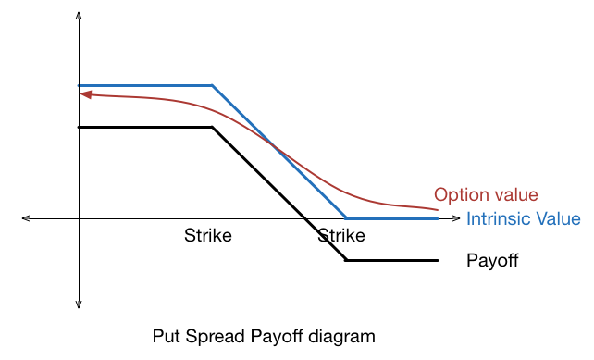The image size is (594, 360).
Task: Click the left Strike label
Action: point(208,235)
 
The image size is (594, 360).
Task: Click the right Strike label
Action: point(341,235)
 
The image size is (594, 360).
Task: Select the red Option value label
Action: point(486,194)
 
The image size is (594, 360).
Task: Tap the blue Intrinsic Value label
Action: point(523,219)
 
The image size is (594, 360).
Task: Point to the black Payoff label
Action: point(492,260)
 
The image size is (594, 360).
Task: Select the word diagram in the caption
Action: point(345,335)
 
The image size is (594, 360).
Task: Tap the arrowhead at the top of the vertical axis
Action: point(80,17)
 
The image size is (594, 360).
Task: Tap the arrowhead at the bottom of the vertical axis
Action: point(80,304)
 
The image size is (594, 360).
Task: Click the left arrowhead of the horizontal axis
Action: point(27,218)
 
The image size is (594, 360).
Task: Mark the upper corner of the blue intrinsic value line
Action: point(214,86)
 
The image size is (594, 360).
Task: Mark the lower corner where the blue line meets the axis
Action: point(347,218)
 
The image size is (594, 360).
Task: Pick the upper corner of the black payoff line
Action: point(214,127)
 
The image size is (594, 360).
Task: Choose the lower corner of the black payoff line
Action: point(347,260)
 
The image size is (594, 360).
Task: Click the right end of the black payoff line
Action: point(437,260)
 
